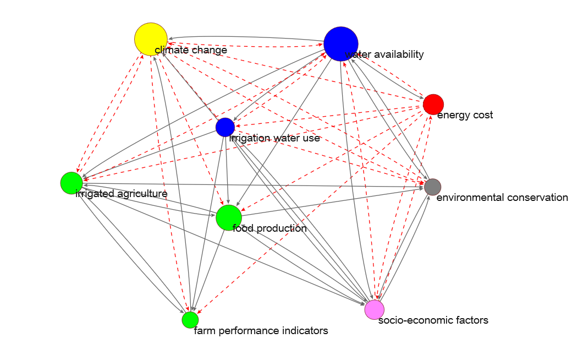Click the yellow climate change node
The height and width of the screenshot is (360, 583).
[151, 39]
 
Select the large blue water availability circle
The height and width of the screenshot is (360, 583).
[341, 43]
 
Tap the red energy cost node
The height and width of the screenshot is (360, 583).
[433, 104]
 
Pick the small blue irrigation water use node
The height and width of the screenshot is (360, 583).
[225, 127]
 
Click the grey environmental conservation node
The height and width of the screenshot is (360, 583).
[433, 187]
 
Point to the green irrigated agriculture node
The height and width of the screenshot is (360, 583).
[71, 183]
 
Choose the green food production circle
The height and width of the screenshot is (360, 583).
[229, 217]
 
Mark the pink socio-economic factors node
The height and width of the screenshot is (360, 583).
[375, 309]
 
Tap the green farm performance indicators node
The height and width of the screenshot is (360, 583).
[190, 319]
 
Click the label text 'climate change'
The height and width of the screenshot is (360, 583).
[191, 51]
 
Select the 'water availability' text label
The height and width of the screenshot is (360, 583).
[384, 54]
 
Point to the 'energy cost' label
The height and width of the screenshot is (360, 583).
[465, 115]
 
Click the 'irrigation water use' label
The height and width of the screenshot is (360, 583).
[274, 138]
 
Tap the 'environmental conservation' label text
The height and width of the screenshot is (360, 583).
[502, 198]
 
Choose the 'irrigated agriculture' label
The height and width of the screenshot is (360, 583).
[122, 194]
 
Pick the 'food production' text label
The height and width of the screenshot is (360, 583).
[269, 228]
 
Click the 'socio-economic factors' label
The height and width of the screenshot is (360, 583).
[433, 320]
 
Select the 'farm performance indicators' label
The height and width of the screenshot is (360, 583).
[261, 331]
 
